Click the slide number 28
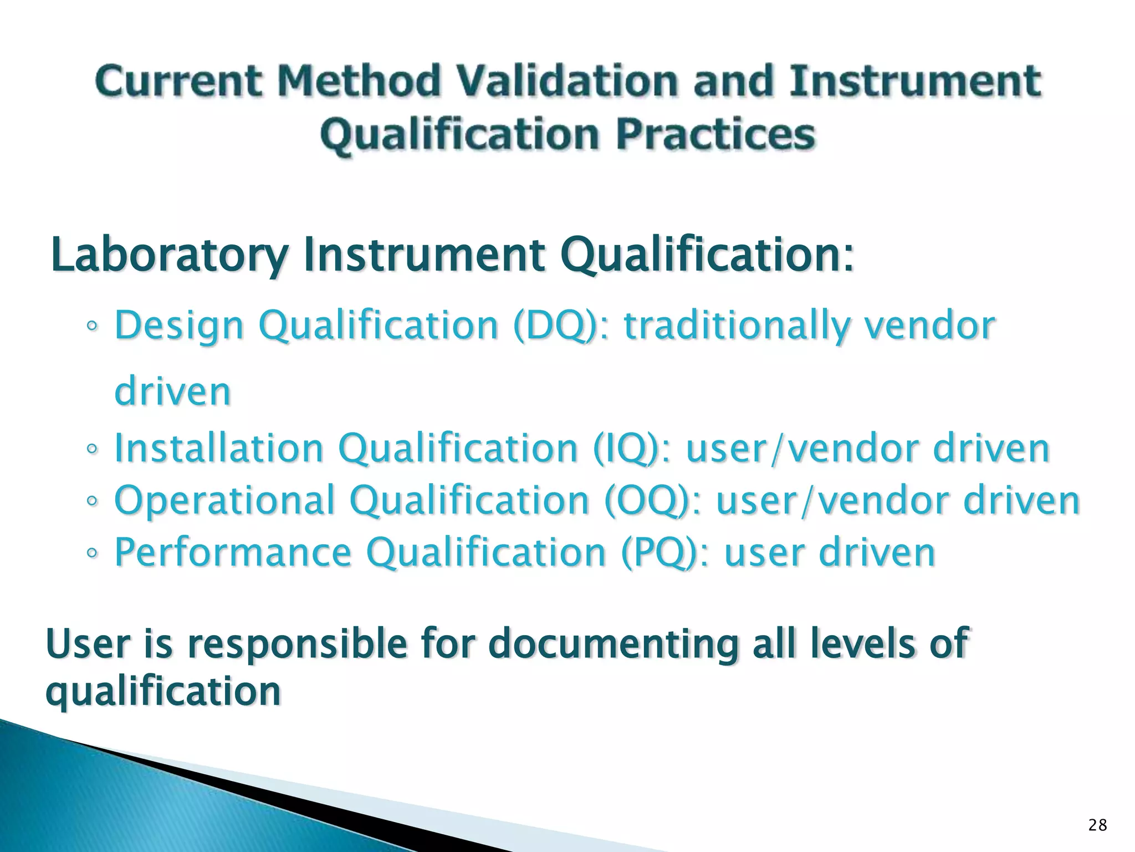click(x=1097, y=826)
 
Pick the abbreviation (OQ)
click(x=646, y=500)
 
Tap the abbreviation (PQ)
click(x=659, y=552)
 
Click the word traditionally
click(x=737, y=326)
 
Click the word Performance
click(x=233, y=552)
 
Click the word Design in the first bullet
click(x=179, y=326)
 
